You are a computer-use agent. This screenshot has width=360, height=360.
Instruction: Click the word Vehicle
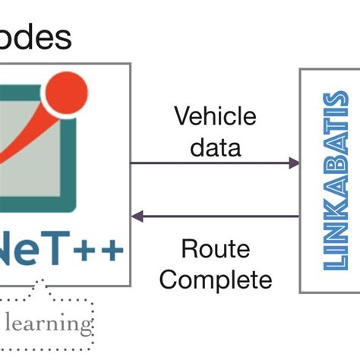point(216,117)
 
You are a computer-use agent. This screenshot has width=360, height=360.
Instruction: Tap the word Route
point(216,249)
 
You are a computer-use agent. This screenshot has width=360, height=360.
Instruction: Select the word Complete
point(216,279)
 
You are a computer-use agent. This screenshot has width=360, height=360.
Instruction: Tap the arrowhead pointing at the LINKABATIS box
point(294,163)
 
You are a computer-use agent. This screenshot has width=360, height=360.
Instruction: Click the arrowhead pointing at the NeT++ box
point(137,216)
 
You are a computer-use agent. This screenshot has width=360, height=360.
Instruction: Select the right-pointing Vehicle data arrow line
point(213,163)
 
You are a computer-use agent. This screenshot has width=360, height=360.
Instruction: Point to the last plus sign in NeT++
point(110,250)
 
